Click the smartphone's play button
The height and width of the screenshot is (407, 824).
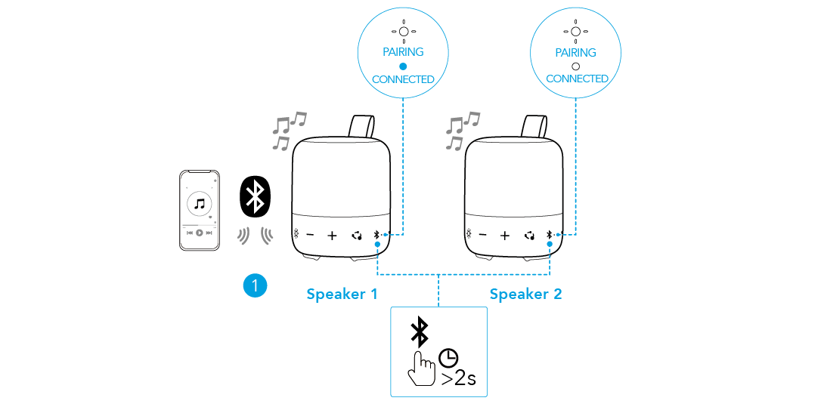pos(200,233)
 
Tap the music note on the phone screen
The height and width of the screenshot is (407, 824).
pos(200,203)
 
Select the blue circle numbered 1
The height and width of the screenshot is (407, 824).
pos(256,285)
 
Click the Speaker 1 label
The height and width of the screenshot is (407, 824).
pos(342,294)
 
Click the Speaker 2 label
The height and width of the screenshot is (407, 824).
pos(525,294)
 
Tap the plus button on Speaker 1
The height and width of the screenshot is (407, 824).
pos(332,236)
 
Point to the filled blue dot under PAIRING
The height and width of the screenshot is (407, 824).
pos(403,66)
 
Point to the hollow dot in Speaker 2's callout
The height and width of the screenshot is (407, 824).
pos(576,66)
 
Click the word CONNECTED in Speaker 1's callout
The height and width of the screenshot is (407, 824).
pos(403,79)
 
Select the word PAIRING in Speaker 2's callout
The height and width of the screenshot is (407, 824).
pos(576,53)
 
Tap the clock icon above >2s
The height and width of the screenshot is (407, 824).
pos(450,357)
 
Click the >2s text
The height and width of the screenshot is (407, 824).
pos(458,377)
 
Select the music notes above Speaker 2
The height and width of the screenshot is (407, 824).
pos(461,130)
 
